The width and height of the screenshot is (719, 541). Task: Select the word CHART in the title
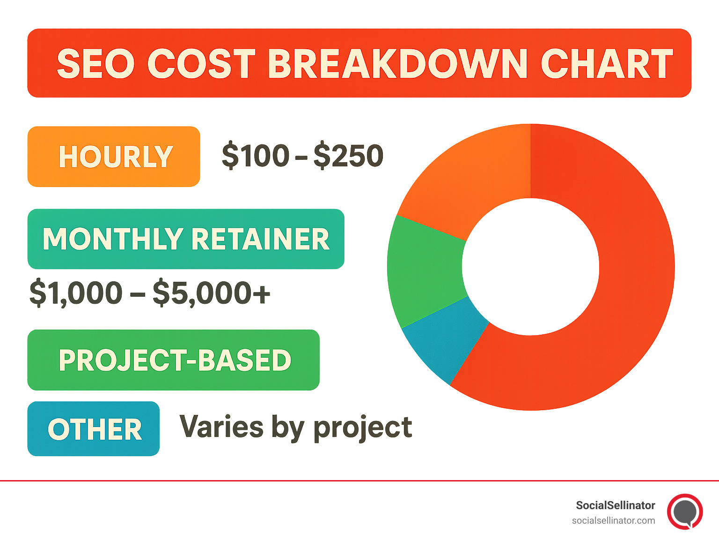pyautogui.click(x=607, y=64)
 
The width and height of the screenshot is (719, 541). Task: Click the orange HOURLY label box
pyautogui.click(x=114, y=157)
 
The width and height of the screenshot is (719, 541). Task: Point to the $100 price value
pyautogui.click(x=256, y=156)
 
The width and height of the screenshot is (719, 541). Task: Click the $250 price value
pyautogui.click(x=349, y=156)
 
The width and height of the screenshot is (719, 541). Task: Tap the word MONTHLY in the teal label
pyautogui.click(x=113, y=239)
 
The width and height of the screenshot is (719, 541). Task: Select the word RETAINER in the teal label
pyautogui.click(x=260, y=239)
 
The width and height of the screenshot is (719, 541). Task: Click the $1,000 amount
pyautogui.click(x=76, y=293)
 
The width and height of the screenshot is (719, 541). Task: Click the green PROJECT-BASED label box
pyautogui.click(x=174, y=360)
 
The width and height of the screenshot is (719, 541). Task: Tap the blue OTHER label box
pyautogui.click(x=94, y=429)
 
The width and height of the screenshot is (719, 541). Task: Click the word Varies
pyautogui.click(x=221, y=427)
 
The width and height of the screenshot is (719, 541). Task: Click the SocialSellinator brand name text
pyautogui.click(x=615, y=505)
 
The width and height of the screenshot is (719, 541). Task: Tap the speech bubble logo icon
pyautogui.click(x=685, y=511)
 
